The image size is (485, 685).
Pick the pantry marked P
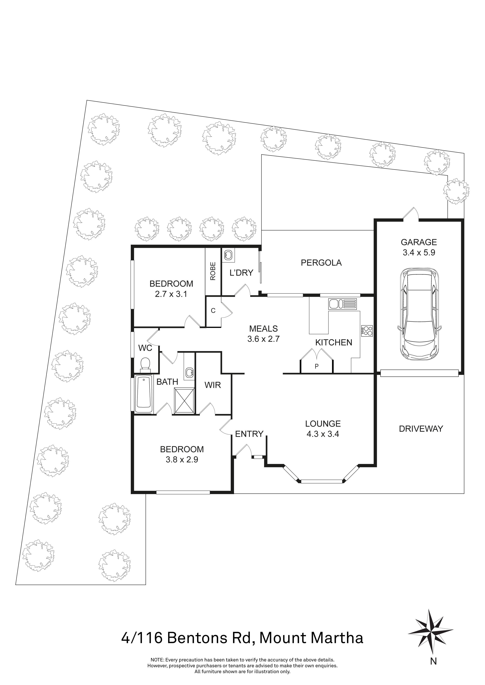[316, 366]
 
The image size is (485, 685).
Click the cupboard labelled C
[213, 311]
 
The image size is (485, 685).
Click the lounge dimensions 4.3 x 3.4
[323, 434]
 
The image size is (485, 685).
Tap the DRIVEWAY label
[421, 429]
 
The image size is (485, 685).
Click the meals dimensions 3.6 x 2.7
[263, 339]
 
